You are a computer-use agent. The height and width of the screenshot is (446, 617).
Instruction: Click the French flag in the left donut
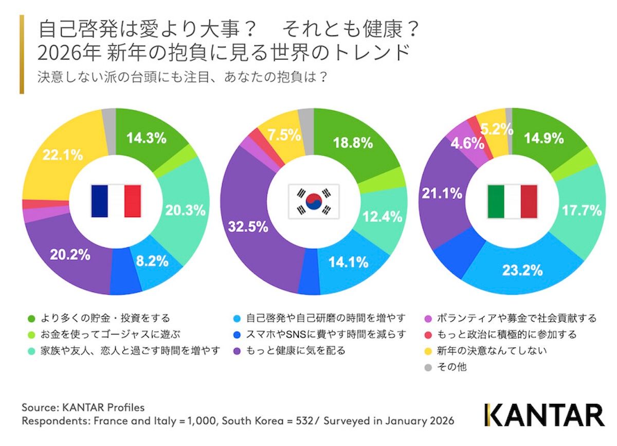[x=116, y=201]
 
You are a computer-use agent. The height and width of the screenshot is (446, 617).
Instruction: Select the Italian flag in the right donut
[x=512, y=201]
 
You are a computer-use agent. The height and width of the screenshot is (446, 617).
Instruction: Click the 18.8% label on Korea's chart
[x=353, y=143]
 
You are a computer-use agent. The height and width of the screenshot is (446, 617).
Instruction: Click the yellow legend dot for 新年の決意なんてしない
[x=427, y=351]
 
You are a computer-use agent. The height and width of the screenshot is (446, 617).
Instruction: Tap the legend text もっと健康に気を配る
[x=296, y=351]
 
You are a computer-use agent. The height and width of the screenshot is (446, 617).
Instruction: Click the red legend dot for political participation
[x=427, y=335]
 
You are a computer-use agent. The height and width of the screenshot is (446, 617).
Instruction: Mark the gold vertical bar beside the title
[x=22, y=54]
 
